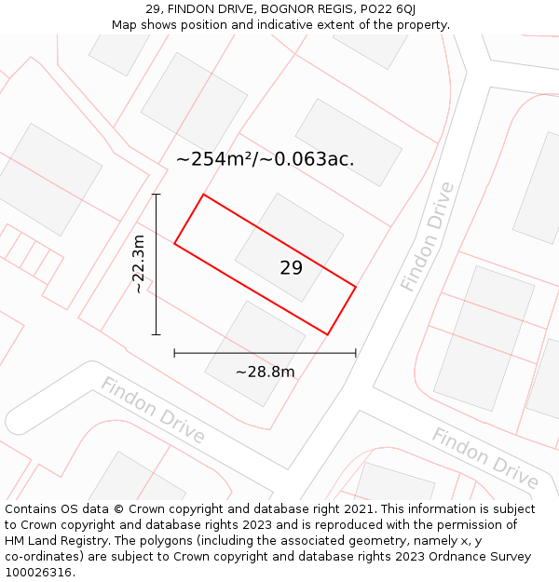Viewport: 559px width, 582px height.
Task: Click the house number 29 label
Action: pos(291,268)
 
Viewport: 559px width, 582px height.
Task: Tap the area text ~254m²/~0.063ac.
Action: pos(265,159)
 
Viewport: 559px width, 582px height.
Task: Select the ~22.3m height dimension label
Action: pos(138,264)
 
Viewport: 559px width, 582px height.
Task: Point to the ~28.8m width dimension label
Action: pos(265,372)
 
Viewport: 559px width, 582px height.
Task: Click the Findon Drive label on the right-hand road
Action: pos(428,237)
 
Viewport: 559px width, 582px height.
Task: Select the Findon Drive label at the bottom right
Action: pos(484,458)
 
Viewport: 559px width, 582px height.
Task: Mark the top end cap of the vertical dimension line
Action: pos(157,195)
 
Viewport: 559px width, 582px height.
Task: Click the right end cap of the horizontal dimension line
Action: pos(356,353)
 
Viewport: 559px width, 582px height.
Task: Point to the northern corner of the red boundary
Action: pos(203,195)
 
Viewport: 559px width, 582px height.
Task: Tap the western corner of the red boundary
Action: pos(174,244)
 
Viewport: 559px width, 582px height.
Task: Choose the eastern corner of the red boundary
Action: pos(356,286)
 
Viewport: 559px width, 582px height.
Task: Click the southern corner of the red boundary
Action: pos(327,334)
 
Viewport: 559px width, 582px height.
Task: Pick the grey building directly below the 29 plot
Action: pos(255,352)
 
